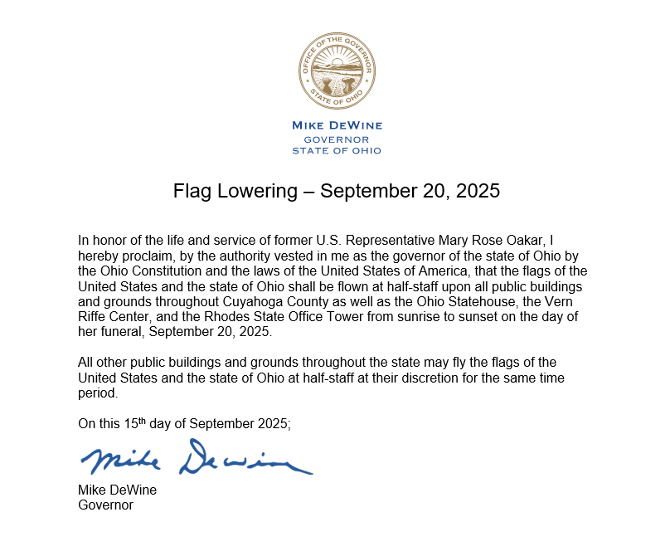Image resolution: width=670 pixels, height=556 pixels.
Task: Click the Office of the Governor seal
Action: (x=337, y=71)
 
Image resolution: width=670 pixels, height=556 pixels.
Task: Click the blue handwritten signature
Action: (x=197, y=459)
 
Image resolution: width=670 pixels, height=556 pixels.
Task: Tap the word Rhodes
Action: (x=224, y=316)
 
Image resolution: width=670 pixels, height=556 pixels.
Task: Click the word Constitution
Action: (x=153, y=270)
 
